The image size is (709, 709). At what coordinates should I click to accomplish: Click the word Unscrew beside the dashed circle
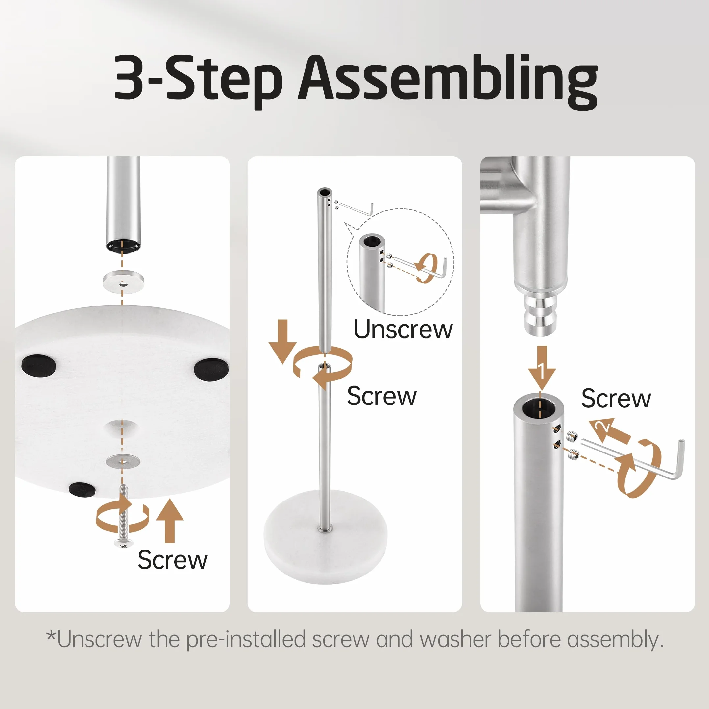coord(403,329)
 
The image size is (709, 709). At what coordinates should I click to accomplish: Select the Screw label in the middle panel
coord(382,396)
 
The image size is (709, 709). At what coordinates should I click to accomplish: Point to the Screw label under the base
coord(172,560)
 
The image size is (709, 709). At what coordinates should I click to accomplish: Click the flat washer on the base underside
coord(123,461)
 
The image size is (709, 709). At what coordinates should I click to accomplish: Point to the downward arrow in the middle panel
coord(282,342)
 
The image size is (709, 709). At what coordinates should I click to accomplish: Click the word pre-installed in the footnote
coord(246,639)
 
